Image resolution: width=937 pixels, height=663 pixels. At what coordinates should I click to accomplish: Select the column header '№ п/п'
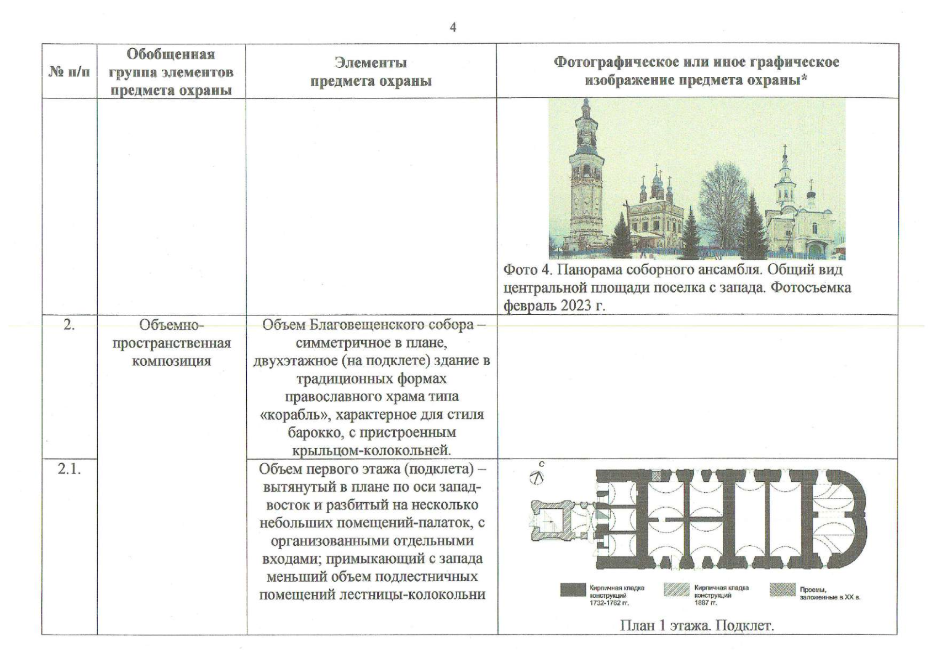click(69, 72)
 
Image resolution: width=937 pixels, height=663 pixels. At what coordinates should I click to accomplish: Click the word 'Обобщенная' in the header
click(171, 54)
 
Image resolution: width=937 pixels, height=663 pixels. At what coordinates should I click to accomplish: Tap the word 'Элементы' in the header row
click(370, 62)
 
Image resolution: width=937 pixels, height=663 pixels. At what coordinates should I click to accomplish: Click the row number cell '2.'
click(68, 325)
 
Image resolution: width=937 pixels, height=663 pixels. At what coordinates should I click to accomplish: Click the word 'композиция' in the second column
click(171, 361)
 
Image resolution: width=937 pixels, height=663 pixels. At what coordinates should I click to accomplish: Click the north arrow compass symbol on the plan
click(537, 476)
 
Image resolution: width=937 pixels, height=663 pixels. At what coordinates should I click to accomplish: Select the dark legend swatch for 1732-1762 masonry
click(573, 590)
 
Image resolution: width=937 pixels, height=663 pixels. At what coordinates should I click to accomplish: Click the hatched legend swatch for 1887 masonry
click(677, 590)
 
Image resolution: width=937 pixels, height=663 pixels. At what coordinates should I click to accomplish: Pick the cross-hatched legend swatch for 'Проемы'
click(782, 590)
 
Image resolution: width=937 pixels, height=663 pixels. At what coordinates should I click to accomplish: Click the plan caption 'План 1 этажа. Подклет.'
click(697, 625)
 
